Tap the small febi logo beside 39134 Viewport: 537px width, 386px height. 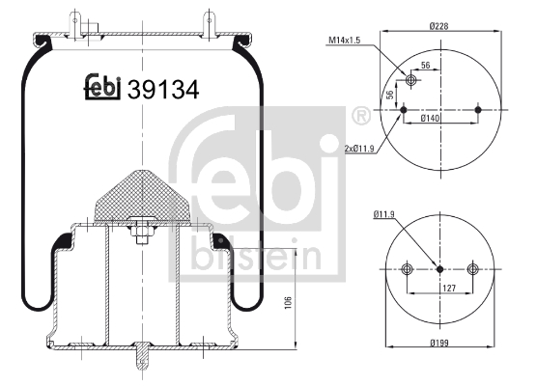point(100,88)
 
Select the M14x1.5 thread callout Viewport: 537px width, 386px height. point(346,40)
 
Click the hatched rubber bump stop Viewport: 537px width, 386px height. point(140,193)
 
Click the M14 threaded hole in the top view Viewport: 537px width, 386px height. point(412,79)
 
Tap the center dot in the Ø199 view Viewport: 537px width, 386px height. point(440,269)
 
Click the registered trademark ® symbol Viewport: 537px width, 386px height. point(361,116)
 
